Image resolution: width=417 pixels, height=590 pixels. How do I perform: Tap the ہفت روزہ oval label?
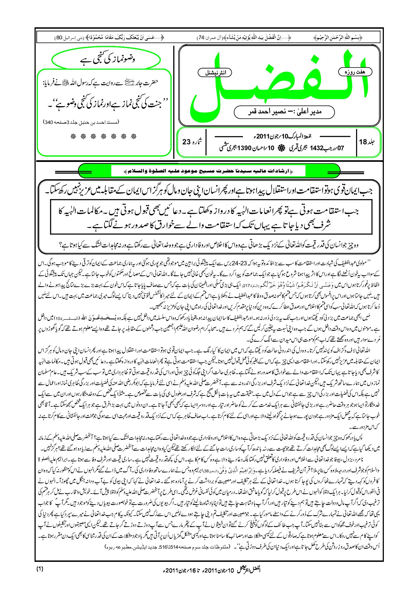355,72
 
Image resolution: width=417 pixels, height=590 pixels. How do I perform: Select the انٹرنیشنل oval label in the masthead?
215,73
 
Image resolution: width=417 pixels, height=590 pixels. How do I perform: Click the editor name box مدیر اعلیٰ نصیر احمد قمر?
284,112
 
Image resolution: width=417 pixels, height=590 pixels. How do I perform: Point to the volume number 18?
363,142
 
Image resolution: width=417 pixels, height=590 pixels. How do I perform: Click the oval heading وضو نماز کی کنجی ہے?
106,59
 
